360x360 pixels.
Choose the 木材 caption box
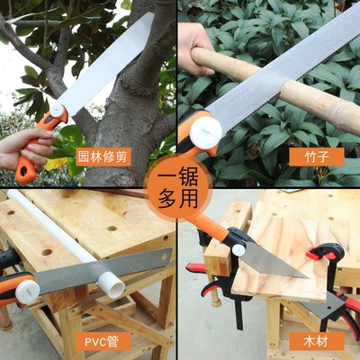316,342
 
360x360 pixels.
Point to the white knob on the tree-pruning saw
58,110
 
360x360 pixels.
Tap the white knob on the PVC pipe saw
27,290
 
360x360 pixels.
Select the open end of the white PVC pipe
112,285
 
